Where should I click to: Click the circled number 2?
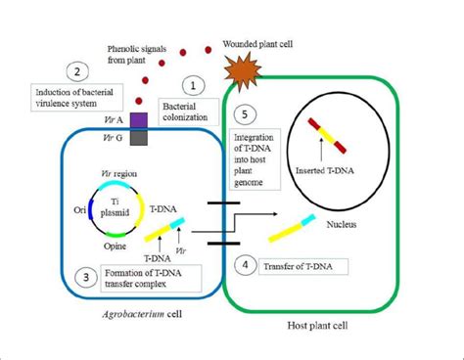(73, 69)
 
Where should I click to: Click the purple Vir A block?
(139, 119)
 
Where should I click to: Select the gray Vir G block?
(139, 139)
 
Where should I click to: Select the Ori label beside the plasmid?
(54, 208)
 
